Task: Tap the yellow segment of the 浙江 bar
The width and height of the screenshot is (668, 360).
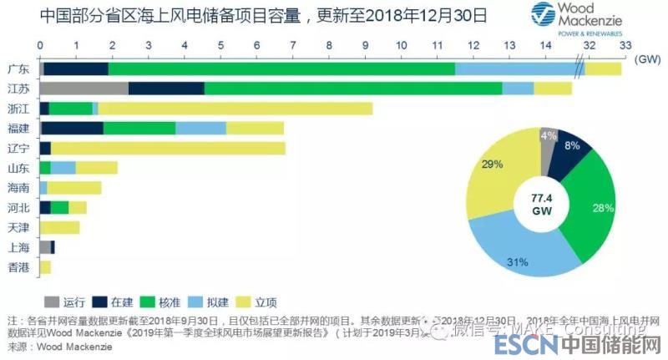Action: coord(235,108)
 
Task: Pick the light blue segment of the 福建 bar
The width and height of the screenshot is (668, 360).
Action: coord(200,128)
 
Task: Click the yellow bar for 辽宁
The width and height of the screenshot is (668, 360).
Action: coord(168,148)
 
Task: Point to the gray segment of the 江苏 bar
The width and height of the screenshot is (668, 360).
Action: coord(83,89)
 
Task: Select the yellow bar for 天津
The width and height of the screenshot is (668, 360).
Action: coord(59,227)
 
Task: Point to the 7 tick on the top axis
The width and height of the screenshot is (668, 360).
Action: coord(292,45)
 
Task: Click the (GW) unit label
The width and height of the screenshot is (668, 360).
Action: coord(648,59)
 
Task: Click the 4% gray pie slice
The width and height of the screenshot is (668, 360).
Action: coord(548,136)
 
